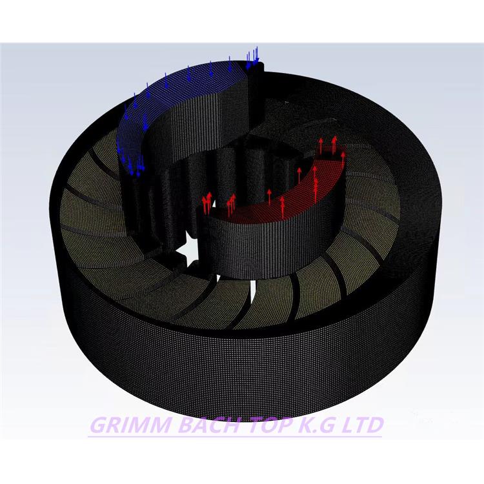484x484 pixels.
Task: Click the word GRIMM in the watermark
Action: (130, 425)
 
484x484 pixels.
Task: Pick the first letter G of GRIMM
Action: (98, 425)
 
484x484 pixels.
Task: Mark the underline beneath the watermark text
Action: (235, 436)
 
